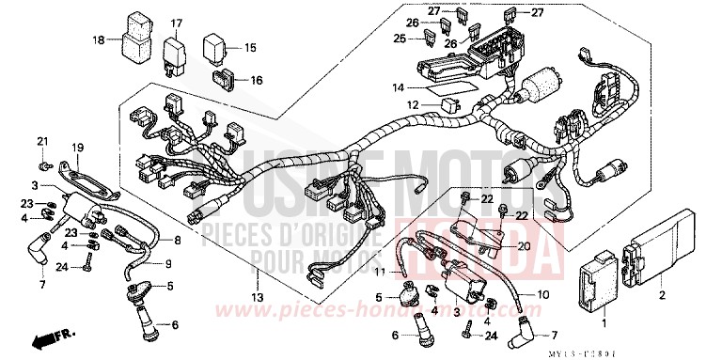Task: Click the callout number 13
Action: (x=256, y=299)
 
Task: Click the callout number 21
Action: (x=41, y=141)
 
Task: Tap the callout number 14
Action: (x=398, y=87)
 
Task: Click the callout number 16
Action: (x=256, y=80)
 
